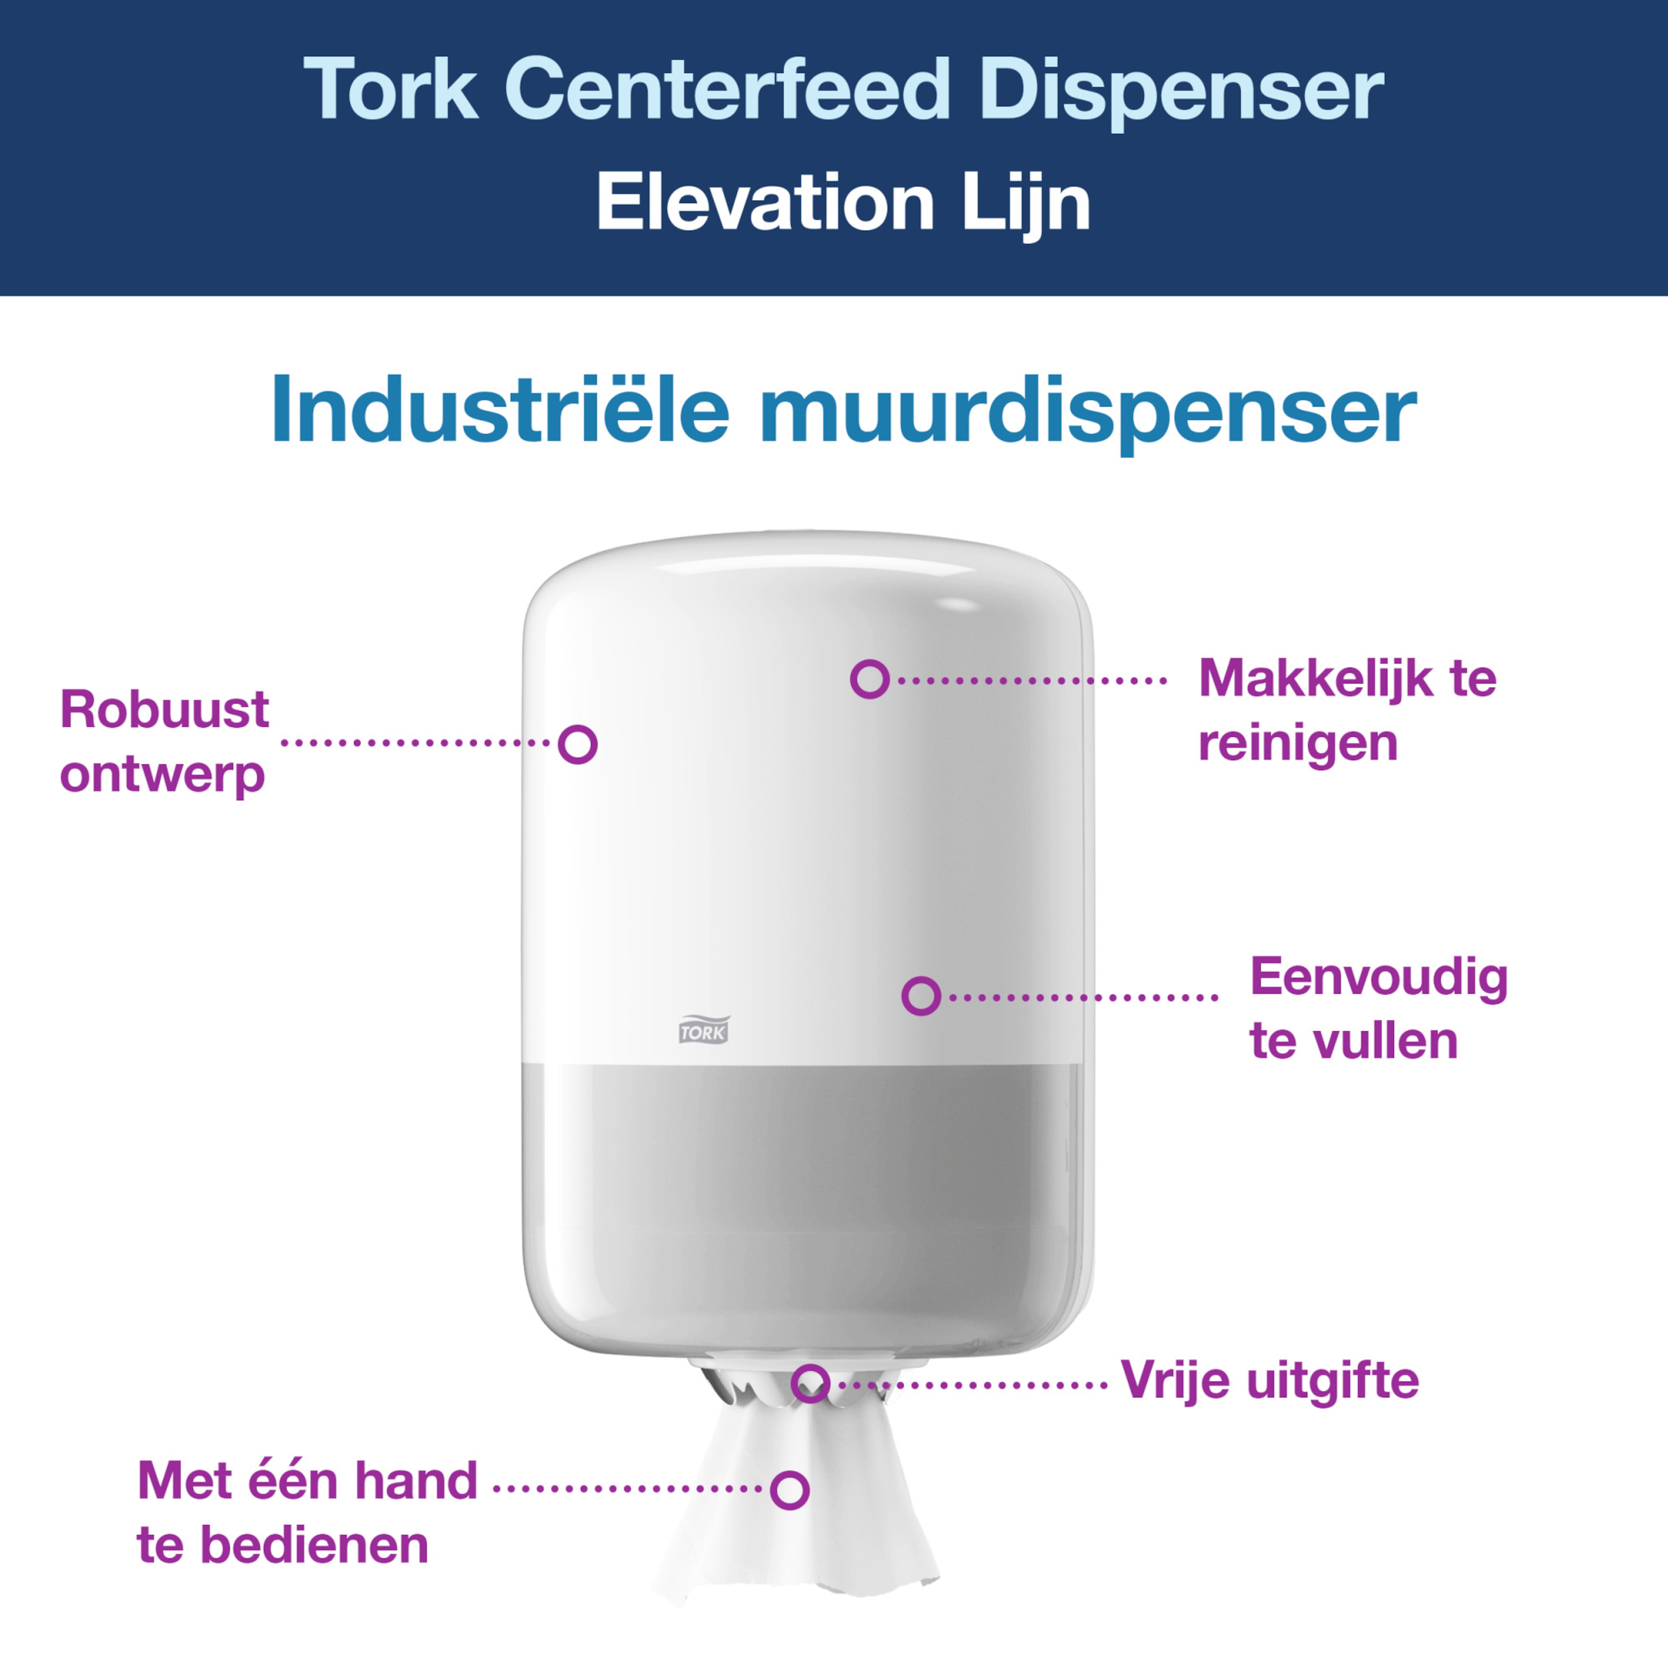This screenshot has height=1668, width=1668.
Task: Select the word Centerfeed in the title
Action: [728, 89]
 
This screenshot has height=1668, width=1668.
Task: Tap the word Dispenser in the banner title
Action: [1181, 93]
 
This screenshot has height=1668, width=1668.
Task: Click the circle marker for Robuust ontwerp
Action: [578, 744]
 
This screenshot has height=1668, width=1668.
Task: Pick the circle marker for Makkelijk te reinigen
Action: [869, 679]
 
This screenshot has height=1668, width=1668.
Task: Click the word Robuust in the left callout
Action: [164, 711]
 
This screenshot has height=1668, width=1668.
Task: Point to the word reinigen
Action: [1297, 744]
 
